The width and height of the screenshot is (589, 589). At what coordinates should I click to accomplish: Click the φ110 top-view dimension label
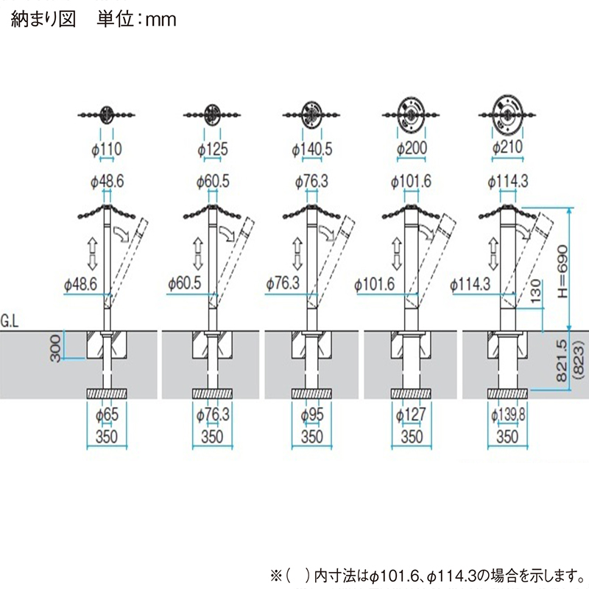click(107, 149)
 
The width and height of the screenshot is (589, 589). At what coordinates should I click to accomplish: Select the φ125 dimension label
click(212, 149)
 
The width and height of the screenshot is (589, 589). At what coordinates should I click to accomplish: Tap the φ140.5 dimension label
click(312, 149)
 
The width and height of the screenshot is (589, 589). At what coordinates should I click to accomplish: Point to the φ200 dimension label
click(412, 149)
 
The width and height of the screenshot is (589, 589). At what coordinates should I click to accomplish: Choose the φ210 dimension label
click(507, 147)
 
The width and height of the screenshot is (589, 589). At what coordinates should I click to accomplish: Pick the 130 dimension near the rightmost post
click(536, 292)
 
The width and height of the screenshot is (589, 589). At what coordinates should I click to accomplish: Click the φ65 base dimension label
click(107, 416)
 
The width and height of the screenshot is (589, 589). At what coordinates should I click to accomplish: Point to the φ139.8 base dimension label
click(507, 416)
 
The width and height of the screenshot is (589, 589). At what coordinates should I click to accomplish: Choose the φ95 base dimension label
click(312, 416)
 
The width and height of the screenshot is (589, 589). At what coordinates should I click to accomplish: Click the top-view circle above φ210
click(506, 114)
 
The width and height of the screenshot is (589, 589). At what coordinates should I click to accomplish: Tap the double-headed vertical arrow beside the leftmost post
click(93, 253)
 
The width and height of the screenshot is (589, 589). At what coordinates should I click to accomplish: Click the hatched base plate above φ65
click(107, 393)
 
